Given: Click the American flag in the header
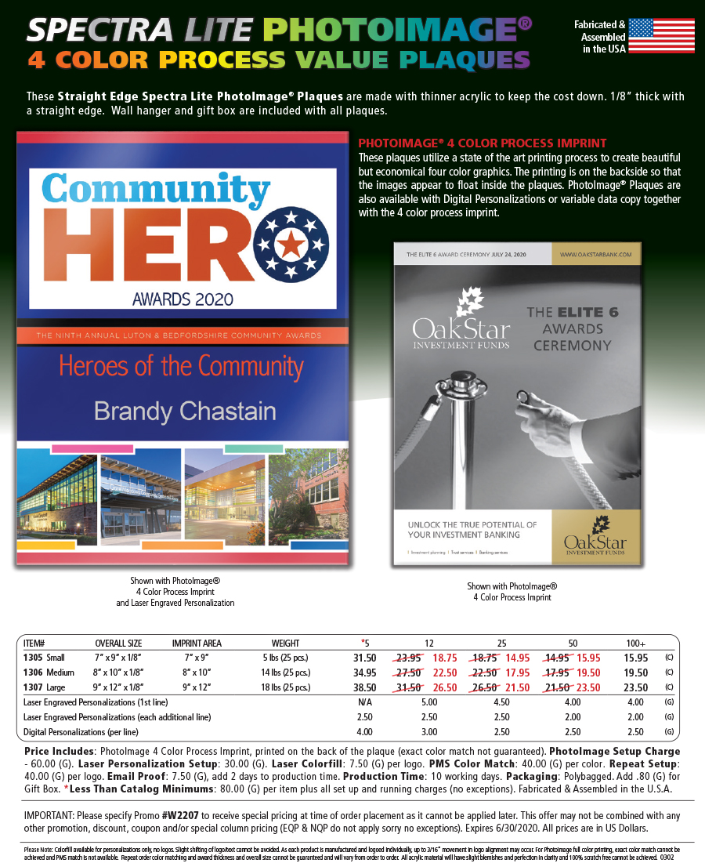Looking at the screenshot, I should (x=661, y=36).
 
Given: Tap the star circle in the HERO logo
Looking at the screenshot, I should (x=289, y=245).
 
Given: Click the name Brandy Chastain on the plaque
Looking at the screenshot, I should (x=185, y=411).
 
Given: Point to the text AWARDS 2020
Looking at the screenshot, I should (x=183, y=298).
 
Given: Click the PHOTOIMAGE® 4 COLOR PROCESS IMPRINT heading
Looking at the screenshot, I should (x=482, y=143).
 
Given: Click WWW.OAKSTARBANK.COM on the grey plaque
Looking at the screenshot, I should (x=598, y=255).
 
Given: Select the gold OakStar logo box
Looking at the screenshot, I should (x=597, y=537).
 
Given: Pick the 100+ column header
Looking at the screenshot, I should (x=635, y=644).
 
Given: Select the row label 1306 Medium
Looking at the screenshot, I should (x=49, y=673).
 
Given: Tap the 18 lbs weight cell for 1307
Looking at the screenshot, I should (x=285, y=687).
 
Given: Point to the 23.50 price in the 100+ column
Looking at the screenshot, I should (x=635, y=687).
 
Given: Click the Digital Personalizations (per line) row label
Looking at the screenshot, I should (x=81, y=732).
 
